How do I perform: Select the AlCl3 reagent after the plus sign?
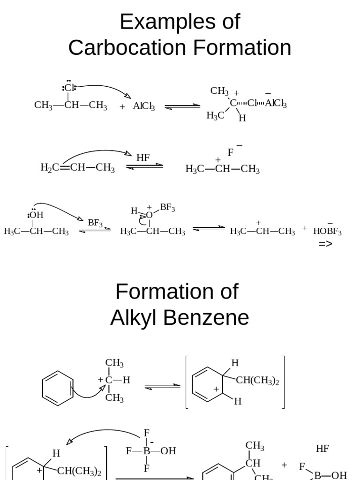tap(143, 106)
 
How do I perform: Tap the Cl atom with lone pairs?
tap(69, 88)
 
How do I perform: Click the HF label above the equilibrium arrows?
tap(143, 158)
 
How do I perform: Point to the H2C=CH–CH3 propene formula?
tap(78, 168)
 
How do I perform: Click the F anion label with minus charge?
tap(231, 152)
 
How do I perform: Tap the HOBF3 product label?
tap(327, 231)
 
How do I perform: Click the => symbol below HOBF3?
tap(325, 244)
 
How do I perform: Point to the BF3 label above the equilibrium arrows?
tap(95, 223)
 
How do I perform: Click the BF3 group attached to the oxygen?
tap(167, 207)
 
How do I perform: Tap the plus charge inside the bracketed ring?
tap(216, 389)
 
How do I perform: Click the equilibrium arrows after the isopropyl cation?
tap(162, 386)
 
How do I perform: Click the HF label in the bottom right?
tap(322, 449)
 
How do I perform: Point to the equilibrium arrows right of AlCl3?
tap(182, 106)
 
